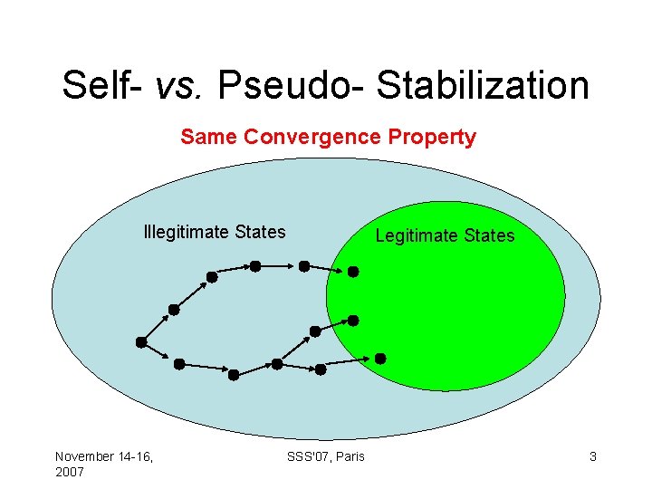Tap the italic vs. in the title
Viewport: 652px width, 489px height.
click(x=184, y=86)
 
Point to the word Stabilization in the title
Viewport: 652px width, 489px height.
click(x=483, y=86)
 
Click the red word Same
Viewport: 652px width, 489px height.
click(x=209, y=138)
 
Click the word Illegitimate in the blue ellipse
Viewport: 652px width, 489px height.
click(x=185, y=232)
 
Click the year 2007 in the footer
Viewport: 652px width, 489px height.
click(x=70, y=473)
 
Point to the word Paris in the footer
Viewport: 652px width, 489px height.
click(x=349, y=456)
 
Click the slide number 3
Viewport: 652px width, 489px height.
click(x=593, y=456)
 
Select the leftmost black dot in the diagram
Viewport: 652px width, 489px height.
click(x=141, y=342)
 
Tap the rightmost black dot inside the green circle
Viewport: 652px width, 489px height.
click(x=380, y=359)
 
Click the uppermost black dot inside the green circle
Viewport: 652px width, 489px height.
click(x=353, y=271)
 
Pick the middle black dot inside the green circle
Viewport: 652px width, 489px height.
click(x=353, y=321)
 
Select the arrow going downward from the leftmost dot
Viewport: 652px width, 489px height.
click(x=159, y=353)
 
